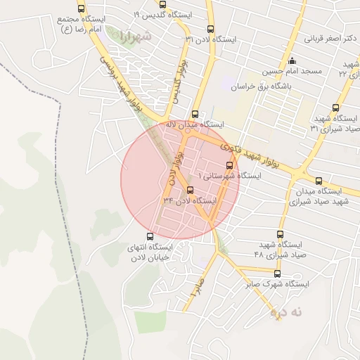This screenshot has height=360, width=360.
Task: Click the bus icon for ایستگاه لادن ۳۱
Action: (x=211, y=29)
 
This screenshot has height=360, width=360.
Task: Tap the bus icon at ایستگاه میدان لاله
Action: (x=195, y=114)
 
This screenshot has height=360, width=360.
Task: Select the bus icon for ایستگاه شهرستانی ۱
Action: (x=229, y=165)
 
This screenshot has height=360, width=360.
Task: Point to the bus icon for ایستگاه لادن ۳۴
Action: (x=190, y=191)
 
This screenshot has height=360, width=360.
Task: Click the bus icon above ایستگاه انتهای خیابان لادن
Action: (x=149, y=237)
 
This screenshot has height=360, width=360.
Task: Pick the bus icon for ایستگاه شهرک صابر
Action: (x=277, y=274)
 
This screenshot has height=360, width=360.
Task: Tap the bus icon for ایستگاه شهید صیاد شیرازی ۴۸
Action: (x=281, y=235)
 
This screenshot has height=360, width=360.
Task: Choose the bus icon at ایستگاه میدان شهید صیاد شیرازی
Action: (x=319, y=181)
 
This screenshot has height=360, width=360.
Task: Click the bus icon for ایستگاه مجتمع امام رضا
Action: (x=81, y=9)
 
